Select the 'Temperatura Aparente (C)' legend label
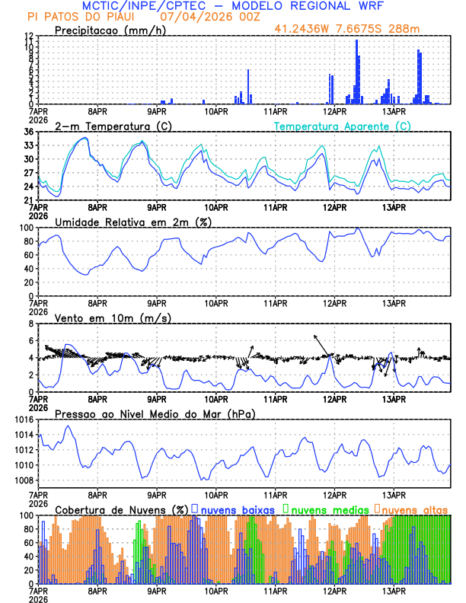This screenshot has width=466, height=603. [342, 126]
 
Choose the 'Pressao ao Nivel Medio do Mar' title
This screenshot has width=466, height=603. [155, 413]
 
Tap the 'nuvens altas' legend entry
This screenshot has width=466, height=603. [413, 509]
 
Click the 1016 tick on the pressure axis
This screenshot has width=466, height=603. [23, 420]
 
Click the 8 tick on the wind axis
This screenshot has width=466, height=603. [30, 324]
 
